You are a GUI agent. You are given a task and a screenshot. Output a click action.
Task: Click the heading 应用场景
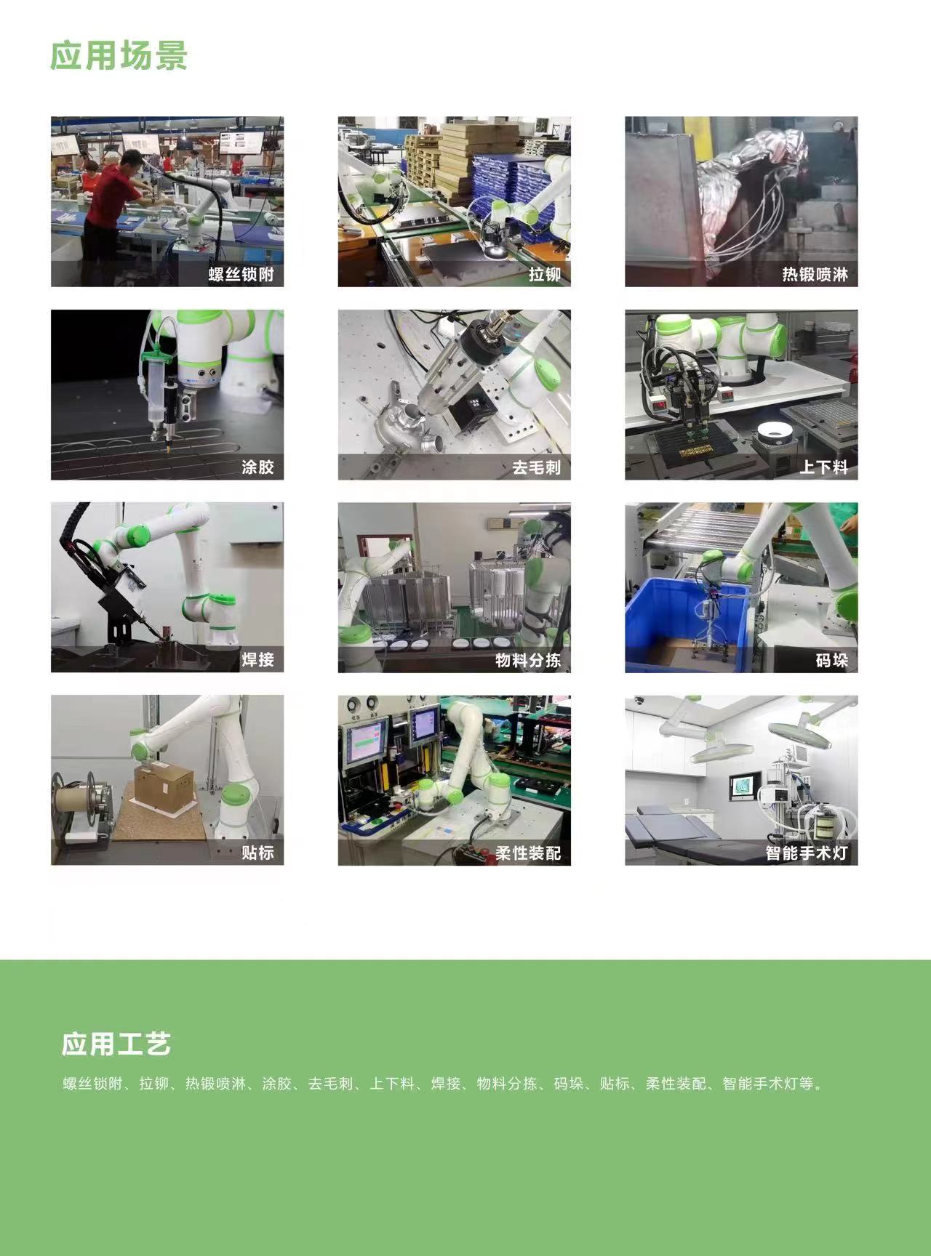(119, 55)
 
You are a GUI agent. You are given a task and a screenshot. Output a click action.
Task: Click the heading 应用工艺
(116, 1044)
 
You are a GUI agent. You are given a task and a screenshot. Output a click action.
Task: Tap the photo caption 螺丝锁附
(241, 275)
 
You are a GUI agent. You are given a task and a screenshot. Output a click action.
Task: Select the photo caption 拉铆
(545, 275)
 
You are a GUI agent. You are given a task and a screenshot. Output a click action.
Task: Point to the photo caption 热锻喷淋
(815, 275)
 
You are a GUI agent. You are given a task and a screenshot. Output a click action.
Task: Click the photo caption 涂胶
(257, 467)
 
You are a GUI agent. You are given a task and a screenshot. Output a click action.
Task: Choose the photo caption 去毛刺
(536, 467)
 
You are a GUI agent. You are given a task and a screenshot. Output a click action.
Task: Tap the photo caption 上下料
(824, 467)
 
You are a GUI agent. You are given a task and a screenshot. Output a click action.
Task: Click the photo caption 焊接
(257, 660)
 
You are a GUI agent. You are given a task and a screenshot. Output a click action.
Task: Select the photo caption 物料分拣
(528, 660)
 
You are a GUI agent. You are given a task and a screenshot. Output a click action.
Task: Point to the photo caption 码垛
(832, 660)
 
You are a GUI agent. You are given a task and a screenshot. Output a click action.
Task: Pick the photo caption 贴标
(257, 852)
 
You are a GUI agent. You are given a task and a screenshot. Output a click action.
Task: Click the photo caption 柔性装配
(528, 852)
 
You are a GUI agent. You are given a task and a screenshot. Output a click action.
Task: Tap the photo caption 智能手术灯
(807, 852)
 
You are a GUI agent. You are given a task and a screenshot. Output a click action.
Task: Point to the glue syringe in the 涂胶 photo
(156, 392)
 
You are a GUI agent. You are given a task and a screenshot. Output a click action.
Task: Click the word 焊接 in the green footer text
(446, 1084)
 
